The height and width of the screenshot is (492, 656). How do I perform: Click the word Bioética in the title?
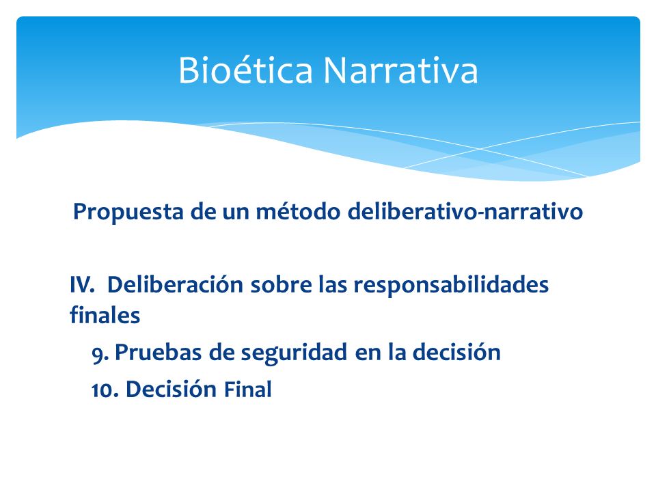(245, 70)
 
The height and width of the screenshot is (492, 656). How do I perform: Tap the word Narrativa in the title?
(401, 70)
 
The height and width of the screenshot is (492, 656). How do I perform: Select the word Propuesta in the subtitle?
(128, 212)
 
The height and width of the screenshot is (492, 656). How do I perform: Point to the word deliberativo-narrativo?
(465, 210)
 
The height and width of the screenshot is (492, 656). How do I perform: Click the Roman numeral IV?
(82, 284)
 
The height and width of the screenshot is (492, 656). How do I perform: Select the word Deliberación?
(175, 284)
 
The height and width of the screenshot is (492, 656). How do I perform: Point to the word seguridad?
(294, 353)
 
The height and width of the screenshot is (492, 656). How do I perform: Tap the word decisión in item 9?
(456, 352)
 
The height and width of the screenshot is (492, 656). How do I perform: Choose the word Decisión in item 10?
(171, 389)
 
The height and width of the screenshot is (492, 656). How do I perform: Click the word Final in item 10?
(247, 389)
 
